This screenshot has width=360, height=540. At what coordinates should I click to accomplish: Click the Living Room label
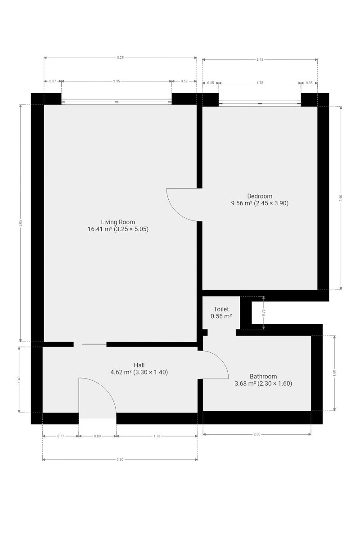(x=118, y=222)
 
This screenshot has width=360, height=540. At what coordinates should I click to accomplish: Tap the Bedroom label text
(x=260, y=196)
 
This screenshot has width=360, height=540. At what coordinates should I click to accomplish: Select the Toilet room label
(x=221, y=309)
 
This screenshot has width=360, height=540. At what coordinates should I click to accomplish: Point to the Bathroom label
(x=263, y=376)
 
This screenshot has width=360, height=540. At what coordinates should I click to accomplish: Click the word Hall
(x=139, y=365)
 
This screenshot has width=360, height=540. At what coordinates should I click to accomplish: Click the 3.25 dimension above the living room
(x=120, y=58)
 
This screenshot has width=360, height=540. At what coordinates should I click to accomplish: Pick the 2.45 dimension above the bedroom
(x=260, y=59)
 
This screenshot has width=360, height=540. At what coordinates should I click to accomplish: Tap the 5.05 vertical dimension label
(x=21, y=223)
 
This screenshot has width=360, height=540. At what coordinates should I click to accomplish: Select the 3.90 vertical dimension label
(x=341, y=198)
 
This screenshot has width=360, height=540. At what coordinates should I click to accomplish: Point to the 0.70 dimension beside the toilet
(x=263, y=313)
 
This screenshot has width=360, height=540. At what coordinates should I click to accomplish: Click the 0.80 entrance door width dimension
(x=97, y=436)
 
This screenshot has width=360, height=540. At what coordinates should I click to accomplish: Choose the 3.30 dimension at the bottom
(x=120, y=459)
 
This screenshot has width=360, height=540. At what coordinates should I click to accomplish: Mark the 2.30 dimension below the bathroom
(x=257, y=434)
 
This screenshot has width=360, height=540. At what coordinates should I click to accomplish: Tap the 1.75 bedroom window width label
(x=260, y=83)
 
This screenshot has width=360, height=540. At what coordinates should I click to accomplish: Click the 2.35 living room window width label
(x=117, y=81)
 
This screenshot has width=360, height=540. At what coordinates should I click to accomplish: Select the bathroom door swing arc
(x=220, y=358)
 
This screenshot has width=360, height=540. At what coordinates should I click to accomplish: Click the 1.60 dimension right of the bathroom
(x=334, y=373)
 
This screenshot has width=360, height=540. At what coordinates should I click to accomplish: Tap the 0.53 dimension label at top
(x=184, y=81)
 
